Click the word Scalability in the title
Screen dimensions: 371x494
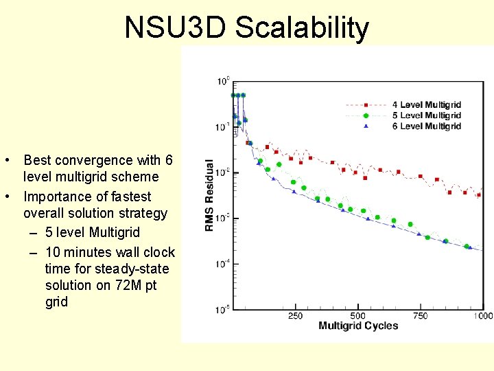tap(303, 28)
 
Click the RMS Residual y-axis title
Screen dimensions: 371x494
tap(209, 195)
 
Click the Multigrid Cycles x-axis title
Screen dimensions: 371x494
tap(358, 326)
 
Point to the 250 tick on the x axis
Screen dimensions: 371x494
tap(295, 316)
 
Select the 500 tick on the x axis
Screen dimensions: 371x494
tap(358, 316)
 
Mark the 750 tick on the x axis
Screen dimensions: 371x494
tap(420, 316)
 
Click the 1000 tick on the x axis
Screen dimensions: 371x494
tap(482, 316)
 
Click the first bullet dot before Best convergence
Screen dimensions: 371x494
tap(5, 161)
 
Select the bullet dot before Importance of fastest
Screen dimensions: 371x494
tap(5, 196)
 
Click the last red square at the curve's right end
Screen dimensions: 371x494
tap(478, 195)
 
